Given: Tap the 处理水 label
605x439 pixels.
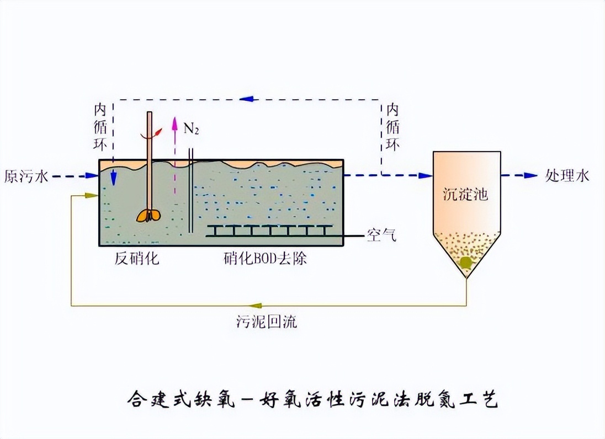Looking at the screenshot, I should [567, 176].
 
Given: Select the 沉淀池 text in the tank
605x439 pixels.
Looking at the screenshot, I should [466, 194].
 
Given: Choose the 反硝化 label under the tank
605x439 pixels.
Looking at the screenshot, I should [137, 258].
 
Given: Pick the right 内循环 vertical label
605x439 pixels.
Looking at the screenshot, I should [392, 127].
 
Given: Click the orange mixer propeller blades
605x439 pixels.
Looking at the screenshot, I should [149, 216].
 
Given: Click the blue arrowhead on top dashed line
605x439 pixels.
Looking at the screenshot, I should [247, 99].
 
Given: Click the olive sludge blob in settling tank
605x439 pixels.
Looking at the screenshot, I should [466, 263].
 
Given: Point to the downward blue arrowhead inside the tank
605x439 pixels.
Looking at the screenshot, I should [114, 179].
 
